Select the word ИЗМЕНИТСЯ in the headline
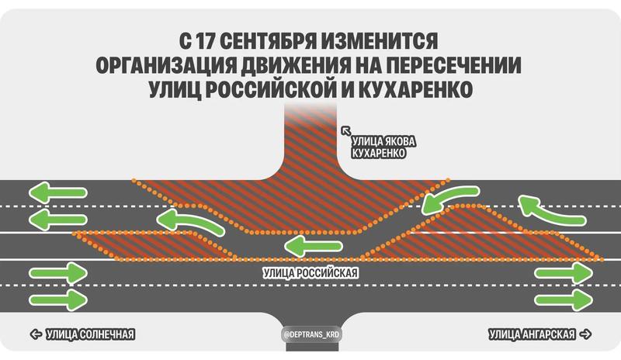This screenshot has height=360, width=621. [380, 41]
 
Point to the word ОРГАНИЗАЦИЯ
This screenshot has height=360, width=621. [166, 65]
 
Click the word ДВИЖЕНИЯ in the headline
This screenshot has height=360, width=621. [297, 65]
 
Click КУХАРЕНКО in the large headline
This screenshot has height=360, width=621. [415, 89]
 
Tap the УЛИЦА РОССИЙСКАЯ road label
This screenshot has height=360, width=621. [310, 273]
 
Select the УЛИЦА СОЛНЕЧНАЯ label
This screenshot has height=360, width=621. [91, 334]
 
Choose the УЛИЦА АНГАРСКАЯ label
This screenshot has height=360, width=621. [532, 334]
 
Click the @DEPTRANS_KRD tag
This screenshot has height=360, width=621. [312, 334]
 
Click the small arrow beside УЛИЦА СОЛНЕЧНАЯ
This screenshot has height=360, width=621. [36, 334]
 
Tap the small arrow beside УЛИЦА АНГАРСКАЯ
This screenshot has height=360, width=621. [585, 334]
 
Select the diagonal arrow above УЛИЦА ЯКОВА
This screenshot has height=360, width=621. [346, 130]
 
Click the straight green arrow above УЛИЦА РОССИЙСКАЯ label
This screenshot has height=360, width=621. [313, 247]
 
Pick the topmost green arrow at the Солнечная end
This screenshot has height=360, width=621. [57, 193]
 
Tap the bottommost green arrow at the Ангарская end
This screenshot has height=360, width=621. [564, 299]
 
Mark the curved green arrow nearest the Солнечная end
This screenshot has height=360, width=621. [190, 222]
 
